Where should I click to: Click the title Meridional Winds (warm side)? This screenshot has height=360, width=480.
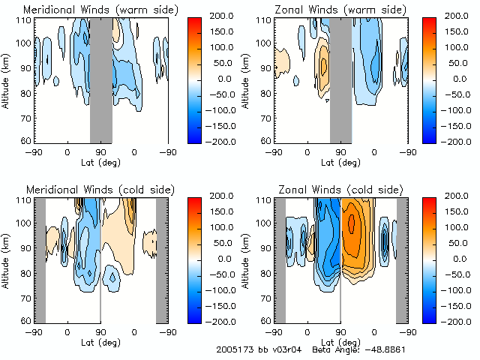click(100, 10)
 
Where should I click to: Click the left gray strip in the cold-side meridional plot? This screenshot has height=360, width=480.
click(41, 259)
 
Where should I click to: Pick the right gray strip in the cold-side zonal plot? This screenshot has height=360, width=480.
click(401, 259)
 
